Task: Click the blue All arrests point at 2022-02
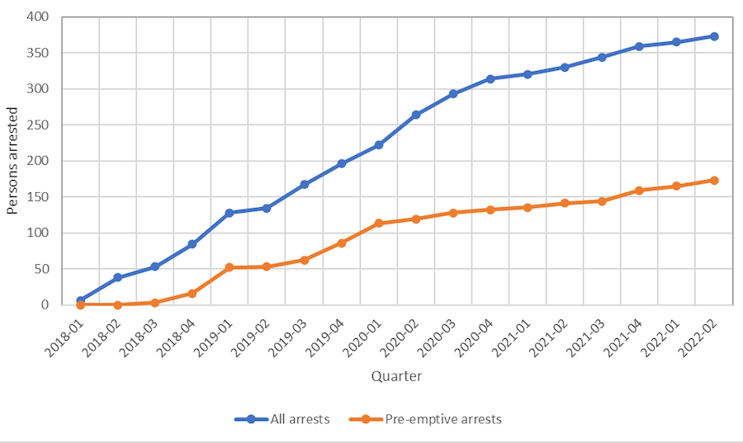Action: [x=714, y=36]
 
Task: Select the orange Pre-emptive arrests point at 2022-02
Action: [x=714, y=180]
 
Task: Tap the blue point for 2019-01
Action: [x=230, y=213]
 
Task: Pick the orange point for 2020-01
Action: [x=379, y=224]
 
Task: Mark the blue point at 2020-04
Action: [x=490, y=78]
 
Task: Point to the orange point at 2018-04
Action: [x=192, y=293]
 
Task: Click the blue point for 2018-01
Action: [x=80, y=300]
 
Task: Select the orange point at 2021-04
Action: [x=640, y=191]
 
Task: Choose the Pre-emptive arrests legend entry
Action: [x=442, y=419]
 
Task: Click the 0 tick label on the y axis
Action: [x=45, y=304]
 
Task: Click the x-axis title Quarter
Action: [x=396, y=376]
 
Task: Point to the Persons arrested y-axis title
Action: [x=12, y=161]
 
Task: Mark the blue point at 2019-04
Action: [x=341, y=163]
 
